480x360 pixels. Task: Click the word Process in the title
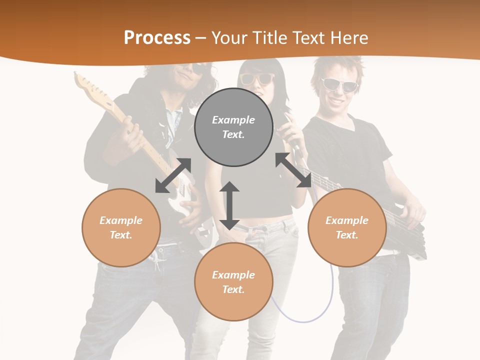(x=157, y=38)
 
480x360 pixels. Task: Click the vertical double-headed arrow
(x=229, y=205)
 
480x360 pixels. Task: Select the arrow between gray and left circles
(x=173, y=175)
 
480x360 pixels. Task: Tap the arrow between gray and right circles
(x=293, y=170)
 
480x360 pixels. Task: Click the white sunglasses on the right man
(x=339, y=84)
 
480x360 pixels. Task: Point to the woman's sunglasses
(x=257, y=79)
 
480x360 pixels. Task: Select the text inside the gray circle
(x=233, y=127)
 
